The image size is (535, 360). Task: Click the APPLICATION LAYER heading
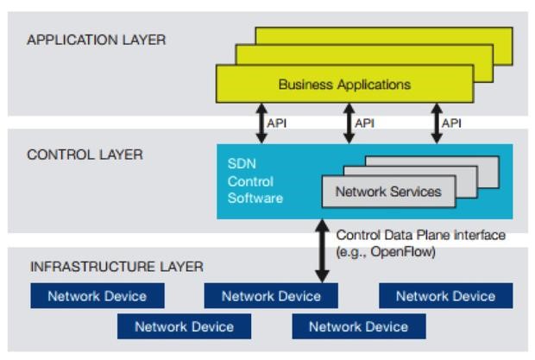coord(97,40)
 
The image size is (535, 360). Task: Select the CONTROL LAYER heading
coord(85,155)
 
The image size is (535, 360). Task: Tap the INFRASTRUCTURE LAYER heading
coord(116,267)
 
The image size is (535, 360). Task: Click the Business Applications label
coord(344,85)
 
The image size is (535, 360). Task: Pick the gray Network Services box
coord(387,192)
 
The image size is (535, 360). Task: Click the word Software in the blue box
coord(255,198)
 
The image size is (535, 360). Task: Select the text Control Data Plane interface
coord(420,235)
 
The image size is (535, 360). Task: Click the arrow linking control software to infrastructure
coord(322,251)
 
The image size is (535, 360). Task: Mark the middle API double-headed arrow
coord(349,123)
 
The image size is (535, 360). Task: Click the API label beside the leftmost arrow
coord(277,123)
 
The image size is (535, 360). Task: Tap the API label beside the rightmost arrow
coord(450,123)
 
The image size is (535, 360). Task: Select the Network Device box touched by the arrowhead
coord(271,296)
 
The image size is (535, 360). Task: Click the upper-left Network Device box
coord(97,296)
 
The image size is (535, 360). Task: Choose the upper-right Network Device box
coord(445,296)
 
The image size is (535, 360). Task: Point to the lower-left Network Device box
coord(184,326)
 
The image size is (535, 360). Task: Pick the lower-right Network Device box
coord(358,326)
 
